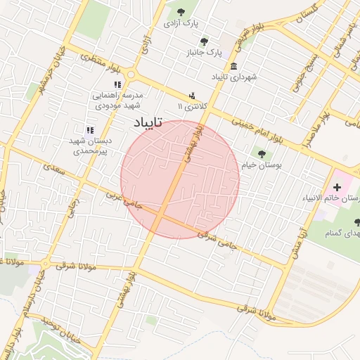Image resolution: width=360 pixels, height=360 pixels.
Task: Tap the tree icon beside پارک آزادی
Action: pyautogui.click(x=182, y=12)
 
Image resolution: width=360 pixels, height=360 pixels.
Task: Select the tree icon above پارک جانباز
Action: pyautogui.click(x=205, y=41)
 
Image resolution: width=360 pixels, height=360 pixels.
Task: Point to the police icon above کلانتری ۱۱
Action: pyautogui.click(x=191, y=96)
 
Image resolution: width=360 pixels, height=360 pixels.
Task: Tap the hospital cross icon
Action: pyautogui.click(x=337, y=187)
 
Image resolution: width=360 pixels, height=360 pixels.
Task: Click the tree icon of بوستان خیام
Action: pyautogui.click(x=262, y=154)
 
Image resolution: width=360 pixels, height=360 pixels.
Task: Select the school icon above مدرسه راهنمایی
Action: pyautogui.click(x=118, y=84)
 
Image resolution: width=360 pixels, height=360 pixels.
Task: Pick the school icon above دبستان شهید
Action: pyautogui.click(x=90, y=130)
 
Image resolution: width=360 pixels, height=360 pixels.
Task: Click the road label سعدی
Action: pyautogui.click(x=53, y=169)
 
